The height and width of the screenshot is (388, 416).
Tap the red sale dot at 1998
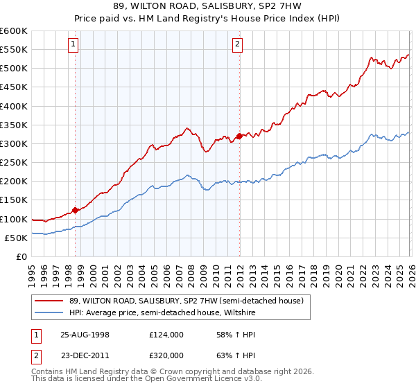[75, 210]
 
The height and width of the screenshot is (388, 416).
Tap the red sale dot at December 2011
[239, 136]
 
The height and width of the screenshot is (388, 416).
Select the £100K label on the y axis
[14, 219]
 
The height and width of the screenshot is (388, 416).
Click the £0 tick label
[21, 256]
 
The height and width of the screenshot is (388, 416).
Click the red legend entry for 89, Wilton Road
[182, 301]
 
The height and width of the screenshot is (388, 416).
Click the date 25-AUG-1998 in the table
[85, 334]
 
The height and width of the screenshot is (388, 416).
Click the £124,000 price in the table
[166, 334]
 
